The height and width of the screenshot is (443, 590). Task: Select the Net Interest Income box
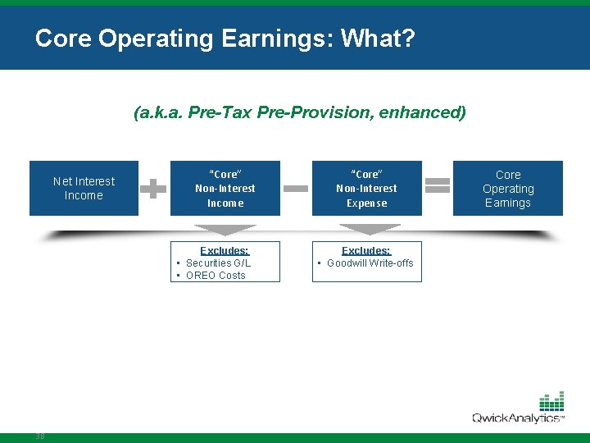tap(84, 188)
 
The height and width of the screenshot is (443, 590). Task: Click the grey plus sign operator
tap(153, 188)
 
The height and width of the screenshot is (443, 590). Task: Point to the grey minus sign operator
tap(296, 188)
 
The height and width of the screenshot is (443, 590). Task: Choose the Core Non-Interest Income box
tap(225, 188)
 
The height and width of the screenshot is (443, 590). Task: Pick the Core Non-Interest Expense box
tap(366, 188)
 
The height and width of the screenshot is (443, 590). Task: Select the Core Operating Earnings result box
tap(508, 188)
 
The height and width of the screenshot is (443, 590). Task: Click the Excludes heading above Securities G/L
tap(225, 250)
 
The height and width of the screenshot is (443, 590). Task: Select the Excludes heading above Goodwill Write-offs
tap(366, 250)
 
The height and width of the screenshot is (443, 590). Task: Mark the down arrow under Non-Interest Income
tap(225, 230)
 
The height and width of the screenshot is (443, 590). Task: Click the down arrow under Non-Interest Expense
tap(366, 230)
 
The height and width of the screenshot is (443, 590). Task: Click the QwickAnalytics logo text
tap(517, 418)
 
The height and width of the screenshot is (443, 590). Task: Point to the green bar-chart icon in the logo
tap(551, 402)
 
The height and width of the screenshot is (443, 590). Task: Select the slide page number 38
tap(40, 436)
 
